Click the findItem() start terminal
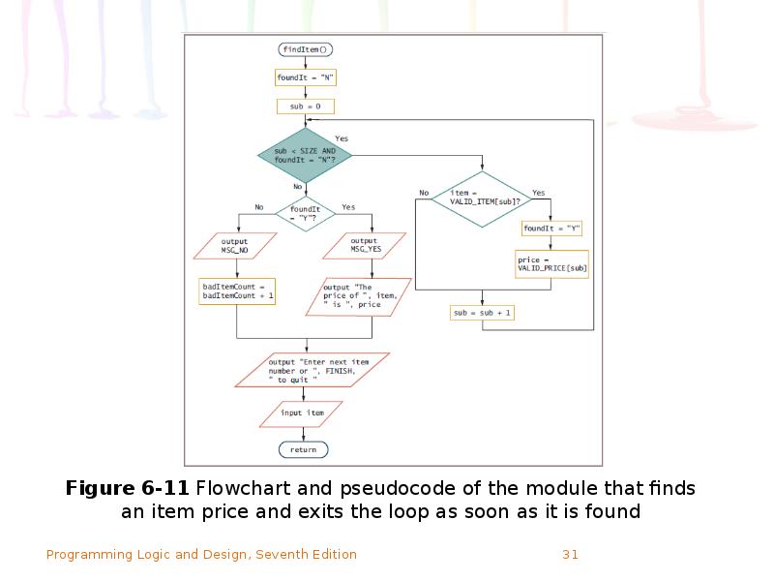coord(305,49)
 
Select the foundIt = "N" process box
coord(305,77)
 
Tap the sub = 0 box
coord(305,106)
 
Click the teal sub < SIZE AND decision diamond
coord(305,155)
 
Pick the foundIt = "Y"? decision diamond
coord(305,212)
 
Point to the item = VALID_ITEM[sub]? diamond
coord(481,199)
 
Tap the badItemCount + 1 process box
coord(237,291)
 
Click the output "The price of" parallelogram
coord(352,296)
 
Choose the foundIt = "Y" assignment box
coord(551,229)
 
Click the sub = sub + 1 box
coord(482,313)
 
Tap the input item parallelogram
coord(303,413)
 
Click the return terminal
coord(303,449)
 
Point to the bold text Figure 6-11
coord(127,487)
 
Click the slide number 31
coord(570,555)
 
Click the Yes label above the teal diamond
coord(342,138)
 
